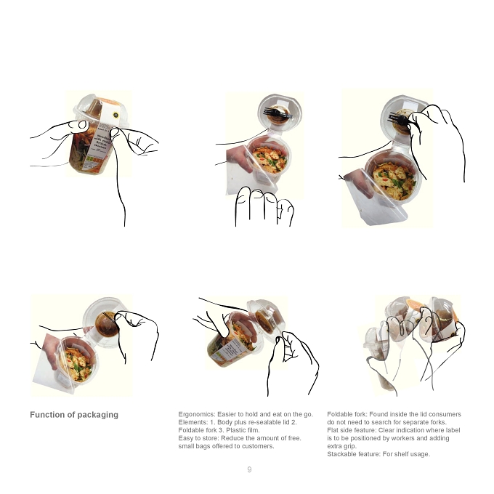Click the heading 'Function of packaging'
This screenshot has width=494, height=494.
(74, 415)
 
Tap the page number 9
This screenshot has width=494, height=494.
(249, 470)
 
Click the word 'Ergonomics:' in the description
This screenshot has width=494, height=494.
(197, 414)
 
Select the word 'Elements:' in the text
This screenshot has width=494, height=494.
(193, 422)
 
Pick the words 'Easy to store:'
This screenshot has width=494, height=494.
(198, 438)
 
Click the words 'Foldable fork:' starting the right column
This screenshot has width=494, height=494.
(347, 414)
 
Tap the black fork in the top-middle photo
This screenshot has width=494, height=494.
(278, 113)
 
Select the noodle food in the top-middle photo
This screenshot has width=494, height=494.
(270, 159)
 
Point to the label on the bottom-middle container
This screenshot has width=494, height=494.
(233, 349)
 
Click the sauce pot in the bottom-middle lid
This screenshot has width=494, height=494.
(264, 322)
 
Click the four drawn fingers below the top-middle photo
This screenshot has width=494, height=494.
(264, 206)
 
